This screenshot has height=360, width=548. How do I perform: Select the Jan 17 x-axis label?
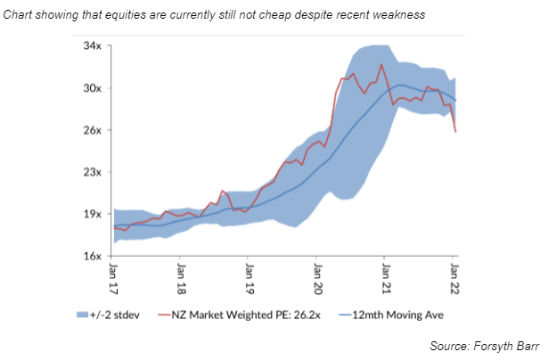click(113, 274)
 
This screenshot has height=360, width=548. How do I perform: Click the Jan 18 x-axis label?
click(181, 274)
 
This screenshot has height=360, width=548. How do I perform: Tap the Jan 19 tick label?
click(249, 274)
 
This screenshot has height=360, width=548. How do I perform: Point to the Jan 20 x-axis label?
click(316, 274)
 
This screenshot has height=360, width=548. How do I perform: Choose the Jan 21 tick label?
click(384, 274)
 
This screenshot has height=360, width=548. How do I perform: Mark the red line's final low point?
click(456, 133)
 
